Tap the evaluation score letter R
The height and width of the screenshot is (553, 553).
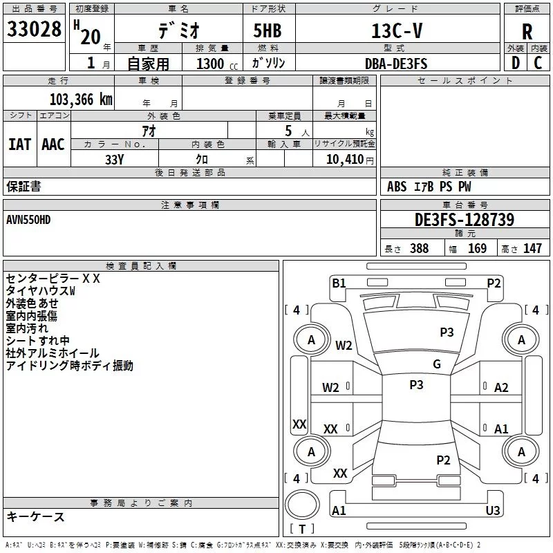pos(527,32)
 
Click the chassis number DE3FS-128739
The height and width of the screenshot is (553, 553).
pos(464,220)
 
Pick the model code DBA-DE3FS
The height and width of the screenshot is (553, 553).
pos(396,64)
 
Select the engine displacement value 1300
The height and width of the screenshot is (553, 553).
pos(210,64)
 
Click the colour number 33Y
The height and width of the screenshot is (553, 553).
pos(114,159)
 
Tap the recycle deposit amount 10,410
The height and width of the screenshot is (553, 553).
pos(342,159)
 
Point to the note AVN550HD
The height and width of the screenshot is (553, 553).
pos(28,220)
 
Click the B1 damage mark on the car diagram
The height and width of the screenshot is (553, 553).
pos(339,283)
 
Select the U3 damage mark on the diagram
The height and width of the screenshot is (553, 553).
pos(493,510)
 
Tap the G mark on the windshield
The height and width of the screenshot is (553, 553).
pos(437,364)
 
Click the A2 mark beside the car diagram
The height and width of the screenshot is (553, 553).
pos(501,388)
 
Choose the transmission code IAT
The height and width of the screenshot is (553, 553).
pos(20,144)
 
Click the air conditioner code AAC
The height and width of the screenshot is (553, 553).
pos(53,144)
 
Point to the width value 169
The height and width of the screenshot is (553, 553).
pos(477,249)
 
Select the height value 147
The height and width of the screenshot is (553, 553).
pos(532,249)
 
